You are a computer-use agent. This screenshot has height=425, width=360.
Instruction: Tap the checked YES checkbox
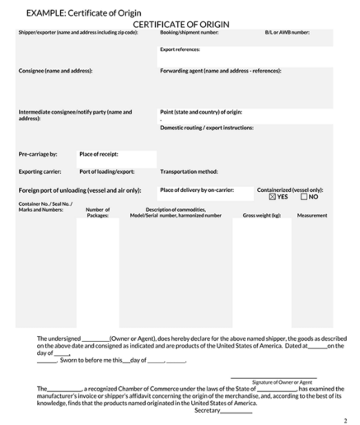[273, 197]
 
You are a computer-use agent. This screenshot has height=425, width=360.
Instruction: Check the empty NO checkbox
[304, 197]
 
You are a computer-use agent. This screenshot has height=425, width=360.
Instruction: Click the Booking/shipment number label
[189, 33]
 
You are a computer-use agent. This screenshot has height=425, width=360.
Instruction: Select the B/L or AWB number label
[287, 33]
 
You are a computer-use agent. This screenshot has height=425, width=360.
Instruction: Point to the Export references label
[180, 49]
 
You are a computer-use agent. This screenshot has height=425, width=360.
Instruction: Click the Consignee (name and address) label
[55, 71]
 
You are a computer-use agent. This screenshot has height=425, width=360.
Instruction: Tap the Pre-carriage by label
[38, 154]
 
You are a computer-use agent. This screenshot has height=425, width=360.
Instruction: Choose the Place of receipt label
[99, 154]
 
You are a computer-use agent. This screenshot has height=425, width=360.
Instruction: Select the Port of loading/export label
[106, 171]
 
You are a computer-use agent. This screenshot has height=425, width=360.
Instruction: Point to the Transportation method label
[189, 171]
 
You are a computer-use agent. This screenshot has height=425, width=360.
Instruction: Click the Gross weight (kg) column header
[261, 215]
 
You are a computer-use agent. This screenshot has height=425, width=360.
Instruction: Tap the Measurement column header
[311, 215]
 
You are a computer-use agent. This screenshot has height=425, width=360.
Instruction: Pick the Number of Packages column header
[97, 212]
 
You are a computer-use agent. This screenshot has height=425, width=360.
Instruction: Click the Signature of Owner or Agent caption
[282, 382]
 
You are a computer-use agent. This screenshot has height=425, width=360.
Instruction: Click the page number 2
[346, 419]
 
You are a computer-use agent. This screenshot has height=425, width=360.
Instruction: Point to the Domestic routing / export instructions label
[206, 128]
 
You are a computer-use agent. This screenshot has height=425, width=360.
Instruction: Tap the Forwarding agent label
[220, 71]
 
